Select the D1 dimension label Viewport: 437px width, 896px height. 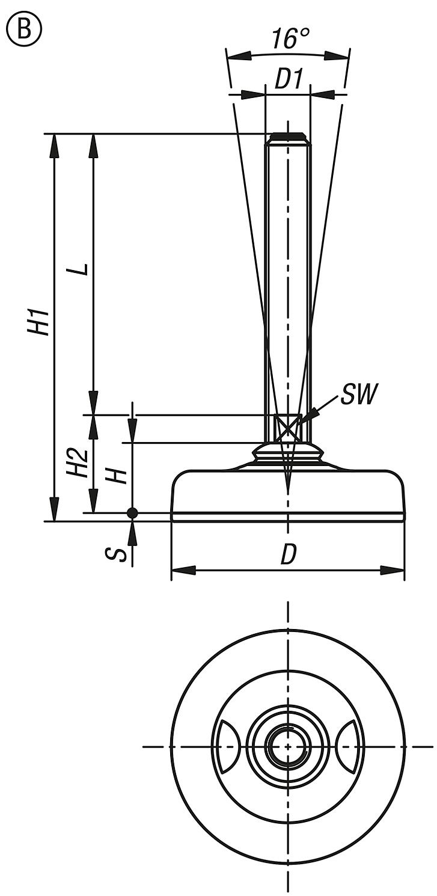pyautogui.click(x=288, y=80)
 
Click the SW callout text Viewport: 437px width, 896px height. pyautogui.click(x=358, y=396)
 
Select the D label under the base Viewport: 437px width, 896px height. pyautogui.click(x=289, y=556)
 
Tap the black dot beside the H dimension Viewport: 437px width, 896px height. pyautogui.click(x=132, y=513)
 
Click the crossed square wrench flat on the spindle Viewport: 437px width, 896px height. pyautogui.click(x=288, y=428)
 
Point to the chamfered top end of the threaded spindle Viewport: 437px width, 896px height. pyautogui.click(x=288, y=138)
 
